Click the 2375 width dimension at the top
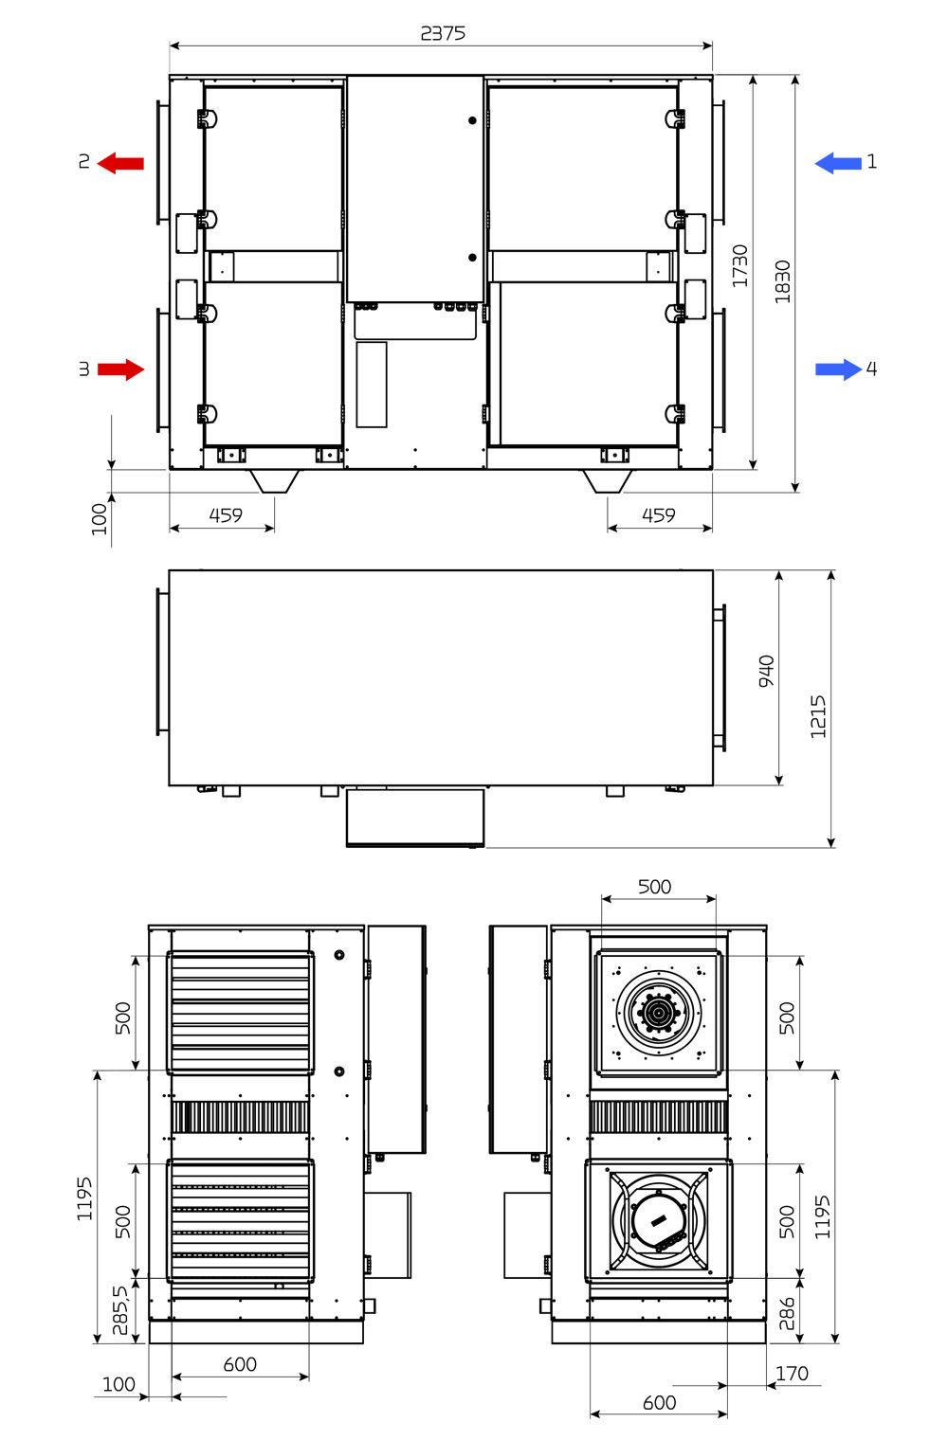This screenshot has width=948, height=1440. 443,33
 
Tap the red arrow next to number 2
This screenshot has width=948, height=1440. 120,163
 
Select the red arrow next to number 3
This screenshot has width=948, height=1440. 120,369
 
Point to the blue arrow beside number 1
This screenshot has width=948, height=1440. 838,163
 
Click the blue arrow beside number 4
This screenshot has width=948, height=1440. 838,369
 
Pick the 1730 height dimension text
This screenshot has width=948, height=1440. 739,265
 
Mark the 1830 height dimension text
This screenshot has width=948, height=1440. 782,281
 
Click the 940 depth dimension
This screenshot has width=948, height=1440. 766,671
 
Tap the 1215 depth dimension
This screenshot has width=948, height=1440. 818,716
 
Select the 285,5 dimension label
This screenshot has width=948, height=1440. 120,1310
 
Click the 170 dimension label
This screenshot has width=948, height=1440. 792,1374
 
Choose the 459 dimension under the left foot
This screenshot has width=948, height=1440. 226,515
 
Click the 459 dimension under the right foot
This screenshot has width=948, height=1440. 659,515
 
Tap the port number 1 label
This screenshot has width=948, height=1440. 872,162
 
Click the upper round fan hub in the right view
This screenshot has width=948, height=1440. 658,1013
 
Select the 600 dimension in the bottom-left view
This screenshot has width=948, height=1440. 240,1364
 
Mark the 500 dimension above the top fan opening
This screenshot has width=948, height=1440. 654,887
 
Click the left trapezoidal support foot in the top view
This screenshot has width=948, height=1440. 275,481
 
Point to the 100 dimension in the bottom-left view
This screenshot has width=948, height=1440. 118,1384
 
